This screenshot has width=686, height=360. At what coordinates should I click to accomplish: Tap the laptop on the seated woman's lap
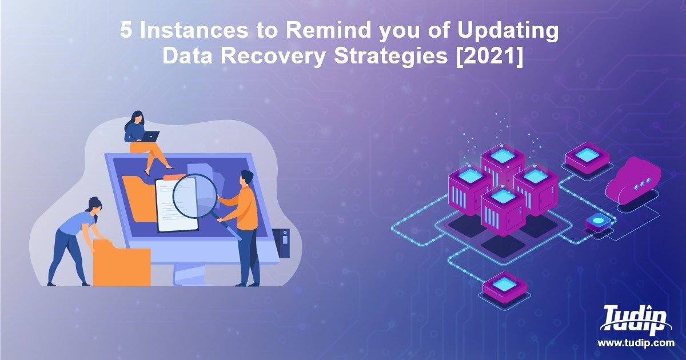point(150,137)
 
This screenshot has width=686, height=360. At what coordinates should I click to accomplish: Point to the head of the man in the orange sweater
point(246,178)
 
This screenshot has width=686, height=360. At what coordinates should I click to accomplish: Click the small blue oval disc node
point(598,220)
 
